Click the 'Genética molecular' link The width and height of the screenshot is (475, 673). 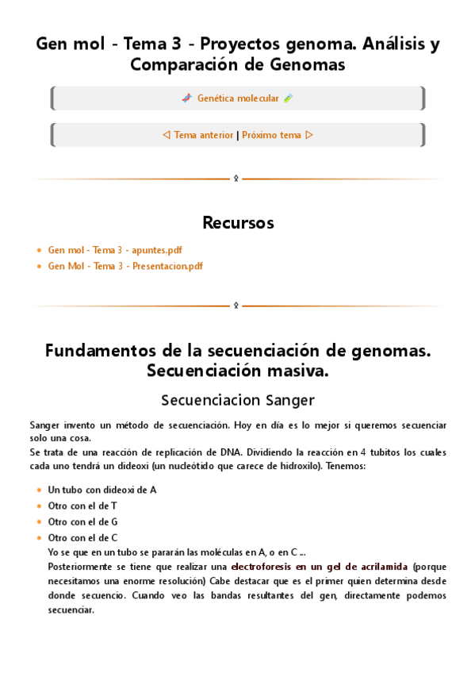238,98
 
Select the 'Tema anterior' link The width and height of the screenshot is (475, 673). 204,135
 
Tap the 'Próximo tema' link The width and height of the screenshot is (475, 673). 271,135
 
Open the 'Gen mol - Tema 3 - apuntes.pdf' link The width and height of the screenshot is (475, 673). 115,250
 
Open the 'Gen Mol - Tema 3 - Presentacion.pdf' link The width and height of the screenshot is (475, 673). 125,266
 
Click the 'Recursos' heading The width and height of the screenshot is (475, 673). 238,222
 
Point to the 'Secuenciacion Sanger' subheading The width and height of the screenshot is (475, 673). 238,399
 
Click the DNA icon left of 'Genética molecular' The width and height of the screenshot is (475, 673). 186,98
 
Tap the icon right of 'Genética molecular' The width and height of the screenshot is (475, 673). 288,98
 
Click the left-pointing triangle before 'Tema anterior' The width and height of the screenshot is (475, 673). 166,135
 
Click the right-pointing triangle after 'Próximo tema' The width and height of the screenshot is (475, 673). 309,135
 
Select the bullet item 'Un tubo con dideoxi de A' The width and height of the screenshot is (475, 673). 102,490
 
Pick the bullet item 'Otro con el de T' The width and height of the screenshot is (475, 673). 82,506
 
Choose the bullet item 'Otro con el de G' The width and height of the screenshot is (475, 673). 82,521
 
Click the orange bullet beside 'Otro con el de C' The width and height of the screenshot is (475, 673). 39,538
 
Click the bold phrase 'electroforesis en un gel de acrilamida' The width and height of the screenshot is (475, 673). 320,567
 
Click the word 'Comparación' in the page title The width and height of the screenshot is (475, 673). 182,65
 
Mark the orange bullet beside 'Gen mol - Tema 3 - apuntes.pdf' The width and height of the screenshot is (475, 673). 39,250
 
